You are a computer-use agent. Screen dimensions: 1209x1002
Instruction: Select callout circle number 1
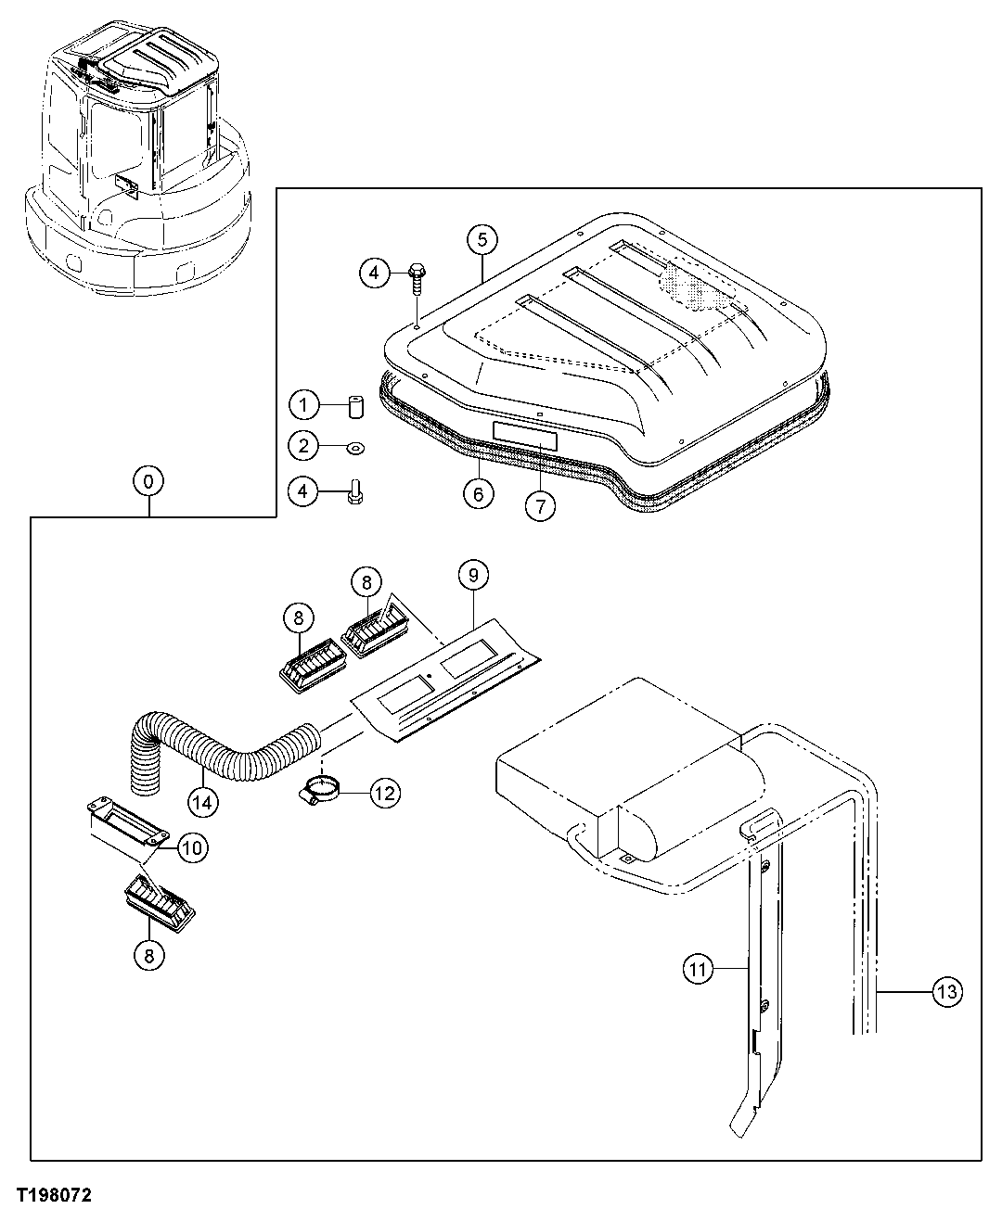pos(303,405)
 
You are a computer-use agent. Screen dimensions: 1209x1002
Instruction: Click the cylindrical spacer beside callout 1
pos(355,407)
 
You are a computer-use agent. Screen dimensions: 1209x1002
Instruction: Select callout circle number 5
pos(482,240)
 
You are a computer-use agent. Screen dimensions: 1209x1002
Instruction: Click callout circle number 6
pos(478,493)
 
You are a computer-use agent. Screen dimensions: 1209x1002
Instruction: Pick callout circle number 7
pos(540,505)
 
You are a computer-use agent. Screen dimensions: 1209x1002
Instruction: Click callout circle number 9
pos(472,576)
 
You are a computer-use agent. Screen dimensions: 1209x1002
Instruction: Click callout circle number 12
pos(385,792)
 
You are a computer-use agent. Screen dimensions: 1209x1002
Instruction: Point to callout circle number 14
pos(203,800)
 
